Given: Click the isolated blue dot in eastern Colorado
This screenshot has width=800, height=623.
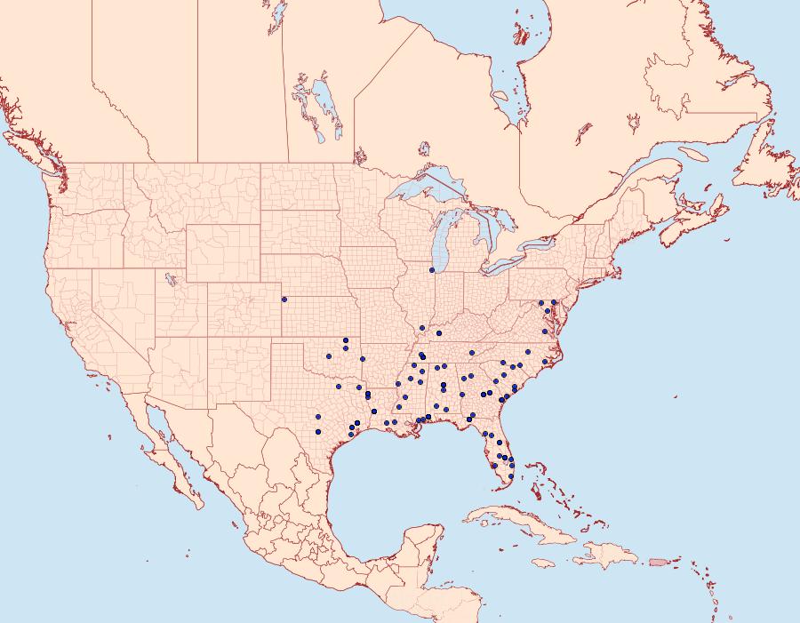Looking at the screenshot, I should [x=284, y=299].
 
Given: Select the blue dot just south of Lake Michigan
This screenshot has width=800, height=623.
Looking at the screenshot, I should [x=432, y=270].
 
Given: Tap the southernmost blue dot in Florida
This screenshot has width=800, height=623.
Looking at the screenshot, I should [x=511, y=477].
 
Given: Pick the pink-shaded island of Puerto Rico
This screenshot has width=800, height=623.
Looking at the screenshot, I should [x=658, y=561].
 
